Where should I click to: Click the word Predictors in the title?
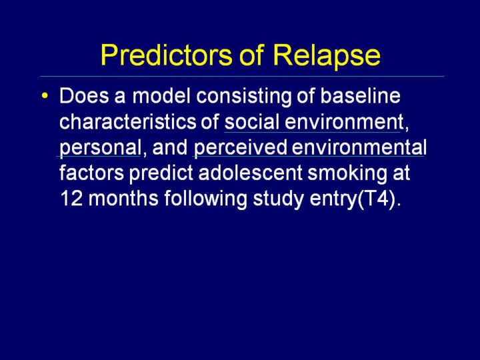(x=166, y=55)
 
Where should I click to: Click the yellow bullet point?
(x=45, y=95)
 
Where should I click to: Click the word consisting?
(x=244, y=97)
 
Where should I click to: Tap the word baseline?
(x=360, y=96)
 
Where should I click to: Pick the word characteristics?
(x=127, y=122)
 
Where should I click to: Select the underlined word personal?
(x=100, y=148)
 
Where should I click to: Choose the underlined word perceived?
(x=241, y=148)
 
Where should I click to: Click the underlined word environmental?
(x=359, y=147)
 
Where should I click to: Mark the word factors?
(x=91, y=173)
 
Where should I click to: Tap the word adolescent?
(x=251, y=173)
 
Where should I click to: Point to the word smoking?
(x=347, y=174)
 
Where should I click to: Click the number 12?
(x=71, y=199)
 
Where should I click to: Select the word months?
(x=123, y=199)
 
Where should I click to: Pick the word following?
(x=205, y=200)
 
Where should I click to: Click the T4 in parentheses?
(x=375, y=199)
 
